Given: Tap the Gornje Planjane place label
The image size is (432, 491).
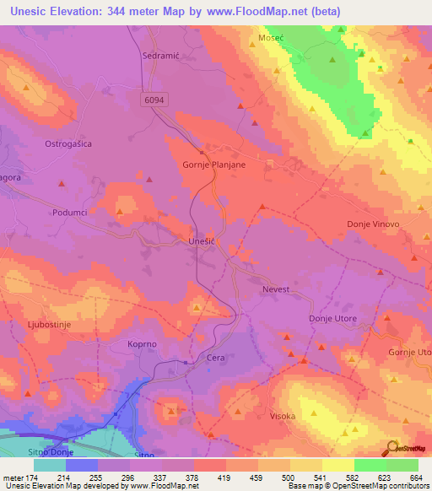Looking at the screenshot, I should (x=214, y=165).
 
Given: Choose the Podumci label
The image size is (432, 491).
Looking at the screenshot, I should (x=69, y=213).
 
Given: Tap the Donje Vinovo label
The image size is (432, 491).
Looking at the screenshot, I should (x=372, y=224).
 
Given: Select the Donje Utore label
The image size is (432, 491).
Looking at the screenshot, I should (x=332, y=319).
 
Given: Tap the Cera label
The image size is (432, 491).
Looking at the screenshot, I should (x=216, y=358).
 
